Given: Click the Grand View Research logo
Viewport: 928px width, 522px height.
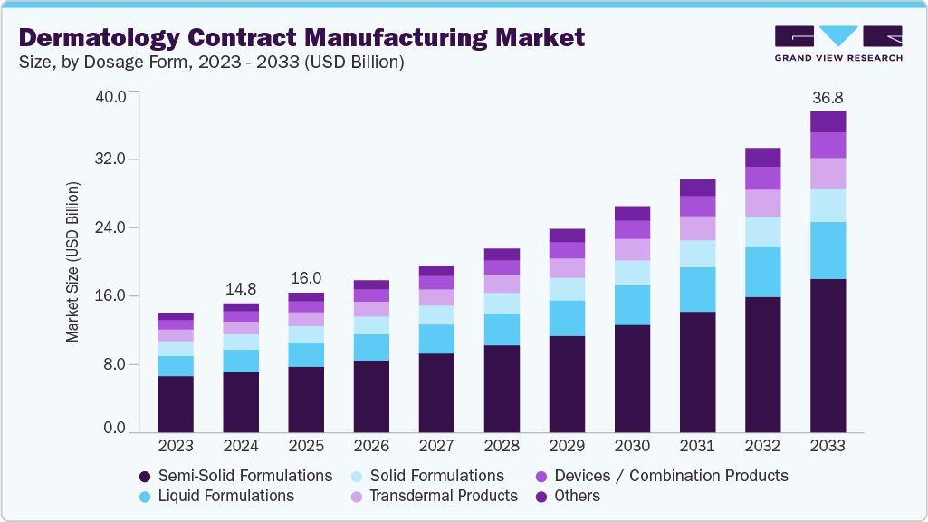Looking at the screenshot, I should pos(837,43).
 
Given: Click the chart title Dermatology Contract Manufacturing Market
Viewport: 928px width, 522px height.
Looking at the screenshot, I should pos(302,38).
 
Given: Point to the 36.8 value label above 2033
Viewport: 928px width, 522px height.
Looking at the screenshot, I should pos(828,97).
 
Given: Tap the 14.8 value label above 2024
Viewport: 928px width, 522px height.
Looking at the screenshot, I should pos(241,288).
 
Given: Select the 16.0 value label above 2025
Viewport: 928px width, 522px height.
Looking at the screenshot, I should pos(306,278).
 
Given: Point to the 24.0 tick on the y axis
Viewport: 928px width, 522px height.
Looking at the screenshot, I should pos(110,227).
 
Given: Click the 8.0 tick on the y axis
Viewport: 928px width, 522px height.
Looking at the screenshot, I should pos(114,364).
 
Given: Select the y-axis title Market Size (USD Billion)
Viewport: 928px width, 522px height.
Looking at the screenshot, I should pos(72,262).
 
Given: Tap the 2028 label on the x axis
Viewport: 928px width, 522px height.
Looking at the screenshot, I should pos(502,446).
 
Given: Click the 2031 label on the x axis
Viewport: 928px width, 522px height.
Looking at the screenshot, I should pos(697,446).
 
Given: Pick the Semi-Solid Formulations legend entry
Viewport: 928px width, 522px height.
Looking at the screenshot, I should pos(236,476).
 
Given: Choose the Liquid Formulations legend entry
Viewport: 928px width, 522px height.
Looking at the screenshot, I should pos(216,496).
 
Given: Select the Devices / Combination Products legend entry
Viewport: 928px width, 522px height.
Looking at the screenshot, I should pos(661,476).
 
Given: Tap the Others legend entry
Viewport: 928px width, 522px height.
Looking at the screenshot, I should pos(568,496).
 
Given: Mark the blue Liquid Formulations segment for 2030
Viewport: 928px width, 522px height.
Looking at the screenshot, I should pos(632,304).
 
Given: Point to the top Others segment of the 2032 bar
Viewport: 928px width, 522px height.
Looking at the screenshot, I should pos(762,157).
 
